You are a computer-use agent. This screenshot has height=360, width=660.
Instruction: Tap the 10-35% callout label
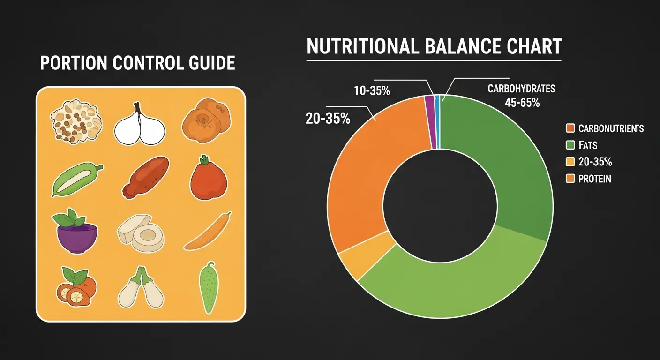click(372, 91)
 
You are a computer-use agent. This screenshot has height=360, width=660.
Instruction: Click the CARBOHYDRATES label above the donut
click(521, 89)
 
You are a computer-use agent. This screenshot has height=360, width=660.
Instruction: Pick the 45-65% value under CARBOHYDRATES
click(522, 103)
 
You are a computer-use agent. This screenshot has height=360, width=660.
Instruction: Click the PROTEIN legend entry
click(594, 179)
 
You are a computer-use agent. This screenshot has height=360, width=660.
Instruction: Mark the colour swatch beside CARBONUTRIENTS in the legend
click(570, 128)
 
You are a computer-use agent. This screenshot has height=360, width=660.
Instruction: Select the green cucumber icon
click(207, 288)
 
